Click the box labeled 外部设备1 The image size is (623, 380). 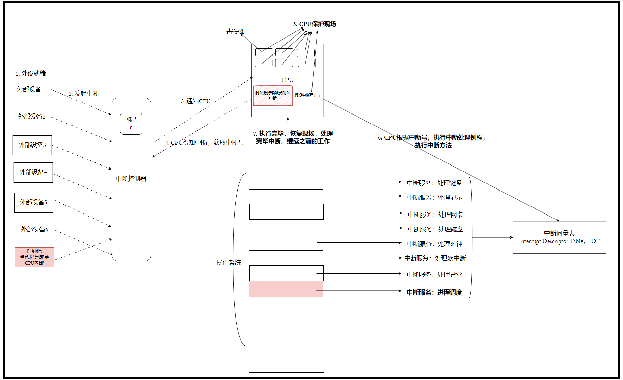(31, 90)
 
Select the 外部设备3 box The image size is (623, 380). (32, 145)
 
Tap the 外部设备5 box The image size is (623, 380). (34, 203)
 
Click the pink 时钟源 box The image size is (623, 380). (34, 257)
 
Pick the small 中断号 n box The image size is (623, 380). (131, 123)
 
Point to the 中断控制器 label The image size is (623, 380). (131, 179)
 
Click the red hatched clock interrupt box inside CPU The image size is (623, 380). (273, 96)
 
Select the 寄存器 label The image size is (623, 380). (236, 31)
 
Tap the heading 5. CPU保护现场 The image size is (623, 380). (315, 24)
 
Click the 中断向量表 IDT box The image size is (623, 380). (559, 237)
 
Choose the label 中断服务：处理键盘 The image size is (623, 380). (434, 183)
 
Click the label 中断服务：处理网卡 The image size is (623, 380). (435, 214)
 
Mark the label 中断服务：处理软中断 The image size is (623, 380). (435, 258)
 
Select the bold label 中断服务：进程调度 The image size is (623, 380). (434, 293)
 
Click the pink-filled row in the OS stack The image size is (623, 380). (286, 289)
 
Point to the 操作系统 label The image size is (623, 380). (228, 263)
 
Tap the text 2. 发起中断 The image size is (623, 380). (84, 94)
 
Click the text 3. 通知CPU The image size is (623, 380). (195, 101)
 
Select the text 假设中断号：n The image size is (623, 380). (307, 95)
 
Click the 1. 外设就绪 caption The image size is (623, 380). (31, 74)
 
